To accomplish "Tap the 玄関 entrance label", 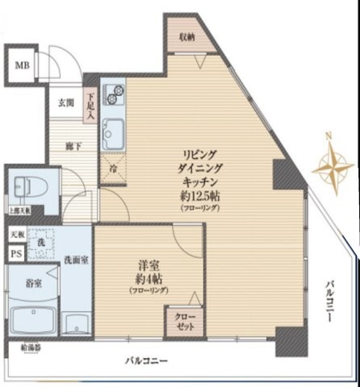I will [66, 103].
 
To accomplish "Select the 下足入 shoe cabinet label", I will [90, 103].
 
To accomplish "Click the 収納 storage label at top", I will [187, 37].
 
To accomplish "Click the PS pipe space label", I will [15, 253].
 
